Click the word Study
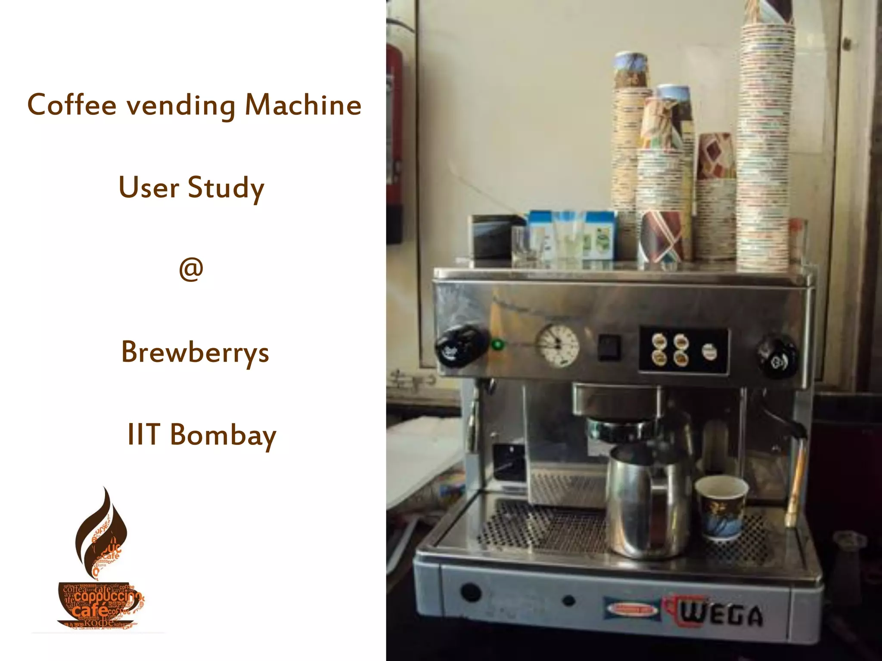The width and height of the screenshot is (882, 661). click(x=226, y=188)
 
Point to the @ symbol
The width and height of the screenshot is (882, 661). click(x=191, y=270)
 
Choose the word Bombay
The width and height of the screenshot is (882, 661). click(x=223, y=435)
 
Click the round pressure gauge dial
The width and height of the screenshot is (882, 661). click(x=557, y=346)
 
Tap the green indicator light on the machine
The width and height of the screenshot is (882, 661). click(x=498, y=345)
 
